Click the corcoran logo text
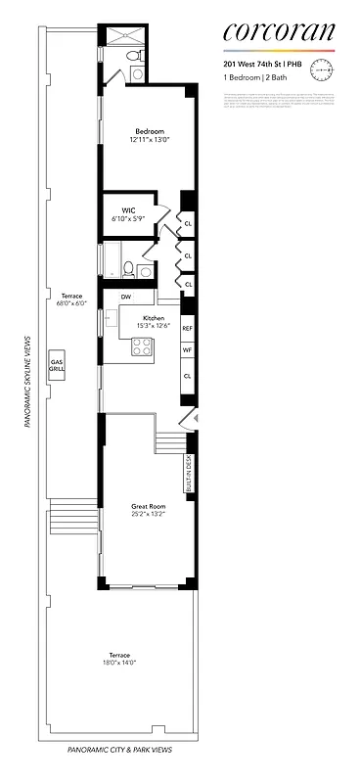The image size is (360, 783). [x=279, y=34]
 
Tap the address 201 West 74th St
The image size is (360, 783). [x=256, y=65]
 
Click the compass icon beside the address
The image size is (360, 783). [x=322, y=69]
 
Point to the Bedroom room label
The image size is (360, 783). [x=149, y=131]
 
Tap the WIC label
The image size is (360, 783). [x=128, y=209]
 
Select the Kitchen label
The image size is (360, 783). [x=154, y=318]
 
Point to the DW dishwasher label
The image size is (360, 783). [x=126, y=297]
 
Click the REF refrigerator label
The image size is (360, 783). [x=187, y=329]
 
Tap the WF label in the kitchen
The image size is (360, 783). [x=187, y=350]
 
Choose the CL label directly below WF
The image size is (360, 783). [x=187, y=375]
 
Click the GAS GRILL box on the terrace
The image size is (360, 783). [x=57, y=363]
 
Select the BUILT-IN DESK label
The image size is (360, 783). [x=188, y=472]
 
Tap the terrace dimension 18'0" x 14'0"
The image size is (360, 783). [x=120, y=663]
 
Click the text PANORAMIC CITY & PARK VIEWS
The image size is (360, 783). [x=120, y=749]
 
